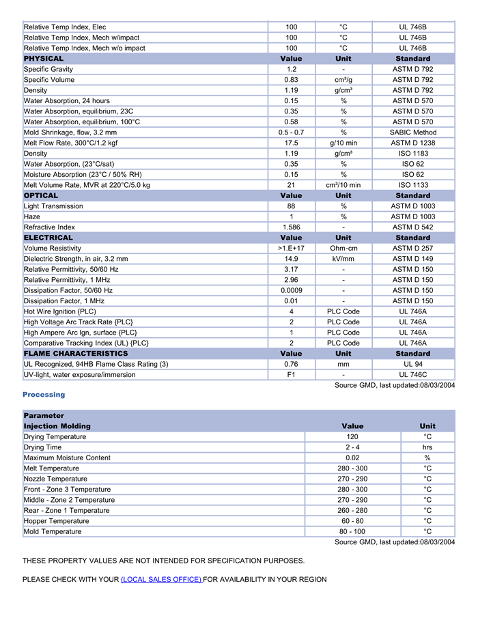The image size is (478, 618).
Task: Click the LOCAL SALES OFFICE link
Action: pyautogui.click(x=161, y=580)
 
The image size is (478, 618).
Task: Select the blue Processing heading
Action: pyautogui.click(x=44, y=395)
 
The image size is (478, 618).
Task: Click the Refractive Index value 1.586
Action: pyautogui.click(x=292, y=227)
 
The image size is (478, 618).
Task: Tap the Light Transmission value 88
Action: pyautogui.click(x=292, y=206)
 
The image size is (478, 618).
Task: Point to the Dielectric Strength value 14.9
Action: pyautogui.click(x=292, y=259)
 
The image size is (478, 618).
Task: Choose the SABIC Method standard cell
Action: pyautogui.click(x=412, y=132)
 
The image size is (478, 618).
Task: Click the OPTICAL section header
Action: pyautogui.click(x=41, y=196)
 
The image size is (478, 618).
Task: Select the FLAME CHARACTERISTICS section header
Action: pyautogui.click(x=76, y=354)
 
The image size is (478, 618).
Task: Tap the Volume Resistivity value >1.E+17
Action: pyautogui.click(x=292, y=249)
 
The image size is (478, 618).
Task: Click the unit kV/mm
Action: pyautogui.click(x=343, y=259)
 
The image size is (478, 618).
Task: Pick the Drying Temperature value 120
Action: pyautogui.click(x=352, y=437)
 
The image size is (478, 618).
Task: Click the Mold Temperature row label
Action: pyautogui.click(x=53, y=532)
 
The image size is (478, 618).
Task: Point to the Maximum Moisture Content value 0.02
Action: pyautogui.click(x=352, y=458)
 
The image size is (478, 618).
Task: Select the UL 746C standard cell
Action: pyautogui.click(x=412, y=375)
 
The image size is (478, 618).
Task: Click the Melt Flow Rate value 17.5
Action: pyautogui.click(x=292, y=143)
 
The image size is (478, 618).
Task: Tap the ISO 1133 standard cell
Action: pyautogui.click(x=412, y=185)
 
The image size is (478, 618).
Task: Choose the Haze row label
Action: pyautogui.click(x=32, y=216)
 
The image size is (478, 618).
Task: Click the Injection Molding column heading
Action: pyautogui.click(x=57, y=426)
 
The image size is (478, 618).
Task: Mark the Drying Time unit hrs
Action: pyautogui.click(x=427, y=447)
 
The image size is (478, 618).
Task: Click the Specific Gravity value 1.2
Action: pyautogui.click(x=292, y=70)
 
